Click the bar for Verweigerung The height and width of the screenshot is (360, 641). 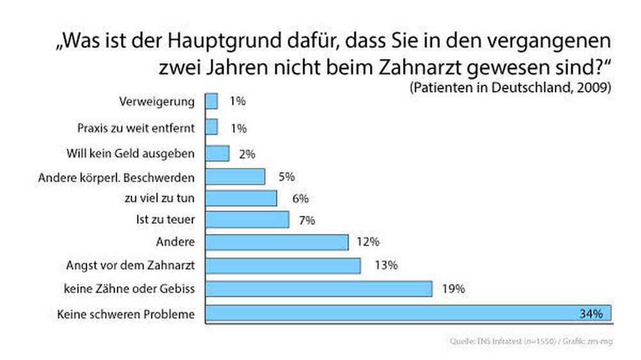coord(212,102)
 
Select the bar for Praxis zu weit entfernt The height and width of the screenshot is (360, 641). coord(212,127)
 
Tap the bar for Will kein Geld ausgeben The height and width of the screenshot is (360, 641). coord(217,154)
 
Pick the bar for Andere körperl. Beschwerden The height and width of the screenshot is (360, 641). coord(235,176)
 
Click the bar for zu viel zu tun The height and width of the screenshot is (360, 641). coord(241,198)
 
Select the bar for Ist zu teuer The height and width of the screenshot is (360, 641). coord(247,220)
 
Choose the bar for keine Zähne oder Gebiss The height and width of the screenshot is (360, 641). coord(319,289)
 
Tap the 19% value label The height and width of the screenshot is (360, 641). coord(453,289)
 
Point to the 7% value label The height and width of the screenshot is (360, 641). coord(306,220)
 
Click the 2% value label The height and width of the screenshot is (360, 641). coord(247,154)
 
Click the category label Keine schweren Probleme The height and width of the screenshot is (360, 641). coord(126,314)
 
